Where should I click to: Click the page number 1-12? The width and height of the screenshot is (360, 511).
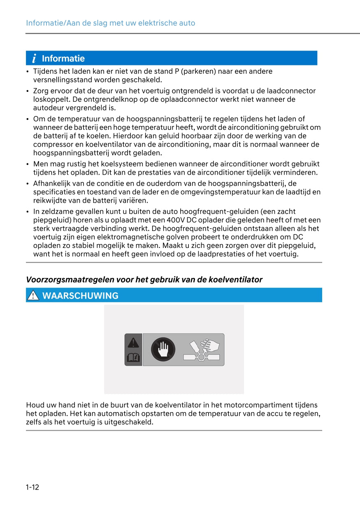point(33,488)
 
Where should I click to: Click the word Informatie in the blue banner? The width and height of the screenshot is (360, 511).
point(63,58)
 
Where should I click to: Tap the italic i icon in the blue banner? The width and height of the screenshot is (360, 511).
point(34,58)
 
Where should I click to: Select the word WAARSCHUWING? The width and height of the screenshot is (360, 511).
point(80,296)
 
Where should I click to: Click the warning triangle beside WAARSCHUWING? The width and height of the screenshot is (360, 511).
point(33,296)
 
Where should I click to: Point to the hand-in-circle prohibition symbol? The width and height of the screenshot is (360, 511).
point(163,350)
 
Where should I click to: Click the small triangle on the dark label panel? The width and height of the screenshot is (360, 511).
point(133,342)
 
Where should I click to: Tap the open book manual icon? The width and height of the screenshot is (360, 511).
point(133,358)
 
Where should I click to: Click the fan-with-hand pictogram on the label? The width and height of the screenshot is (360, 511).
point(202,350)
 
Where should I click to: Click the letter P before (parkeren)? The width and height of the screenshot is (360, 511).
point(177,71)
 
